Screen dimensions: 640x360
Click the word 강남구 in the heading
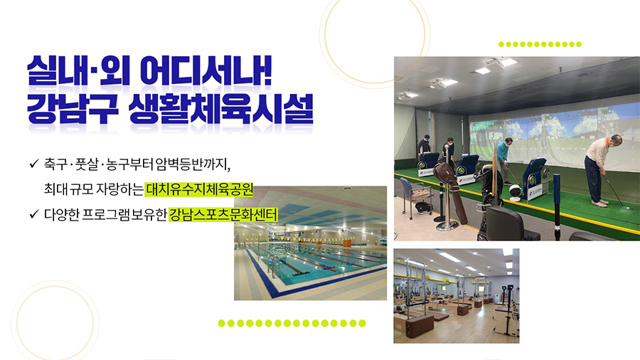pyautogui.click(x=73, y=109)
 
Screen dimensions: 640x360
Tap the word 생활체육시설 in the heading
pyautogui.click(x=221, y=109)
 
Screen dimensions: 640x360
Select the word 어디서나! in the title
pyautogui.click(x=206, y=70)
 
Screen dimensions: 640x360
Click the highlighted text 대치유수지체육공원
pyautogui.click(x=199, y=189)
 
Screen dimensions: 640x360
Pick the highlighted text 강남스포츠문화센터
pyautogui.click(x=223, y=214)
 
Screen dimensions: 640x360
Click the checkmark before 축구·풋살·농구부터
pyautogui.click(x=34, y=164)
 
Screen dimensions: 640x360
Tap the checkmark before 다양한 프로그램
pyautogui.click(x=34, y=214)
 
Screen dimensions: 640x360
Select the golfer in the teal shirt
pyautogui.click(x=503, y=160)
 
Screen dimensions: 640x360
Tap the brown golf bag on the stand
pyautogui.click(x=451, y=192)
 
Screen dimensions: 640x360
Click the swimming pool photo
pyautogui.click(x=310, y=243)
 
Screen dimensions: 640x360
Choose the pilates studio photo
pyautogui.click(x=457, y=296)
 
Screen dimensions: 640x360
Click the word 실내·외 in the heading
pyautogui.click(x=78, y=70)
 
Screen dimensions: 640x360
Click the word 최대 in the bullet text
pyautogui.click(x=56, y=189)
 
